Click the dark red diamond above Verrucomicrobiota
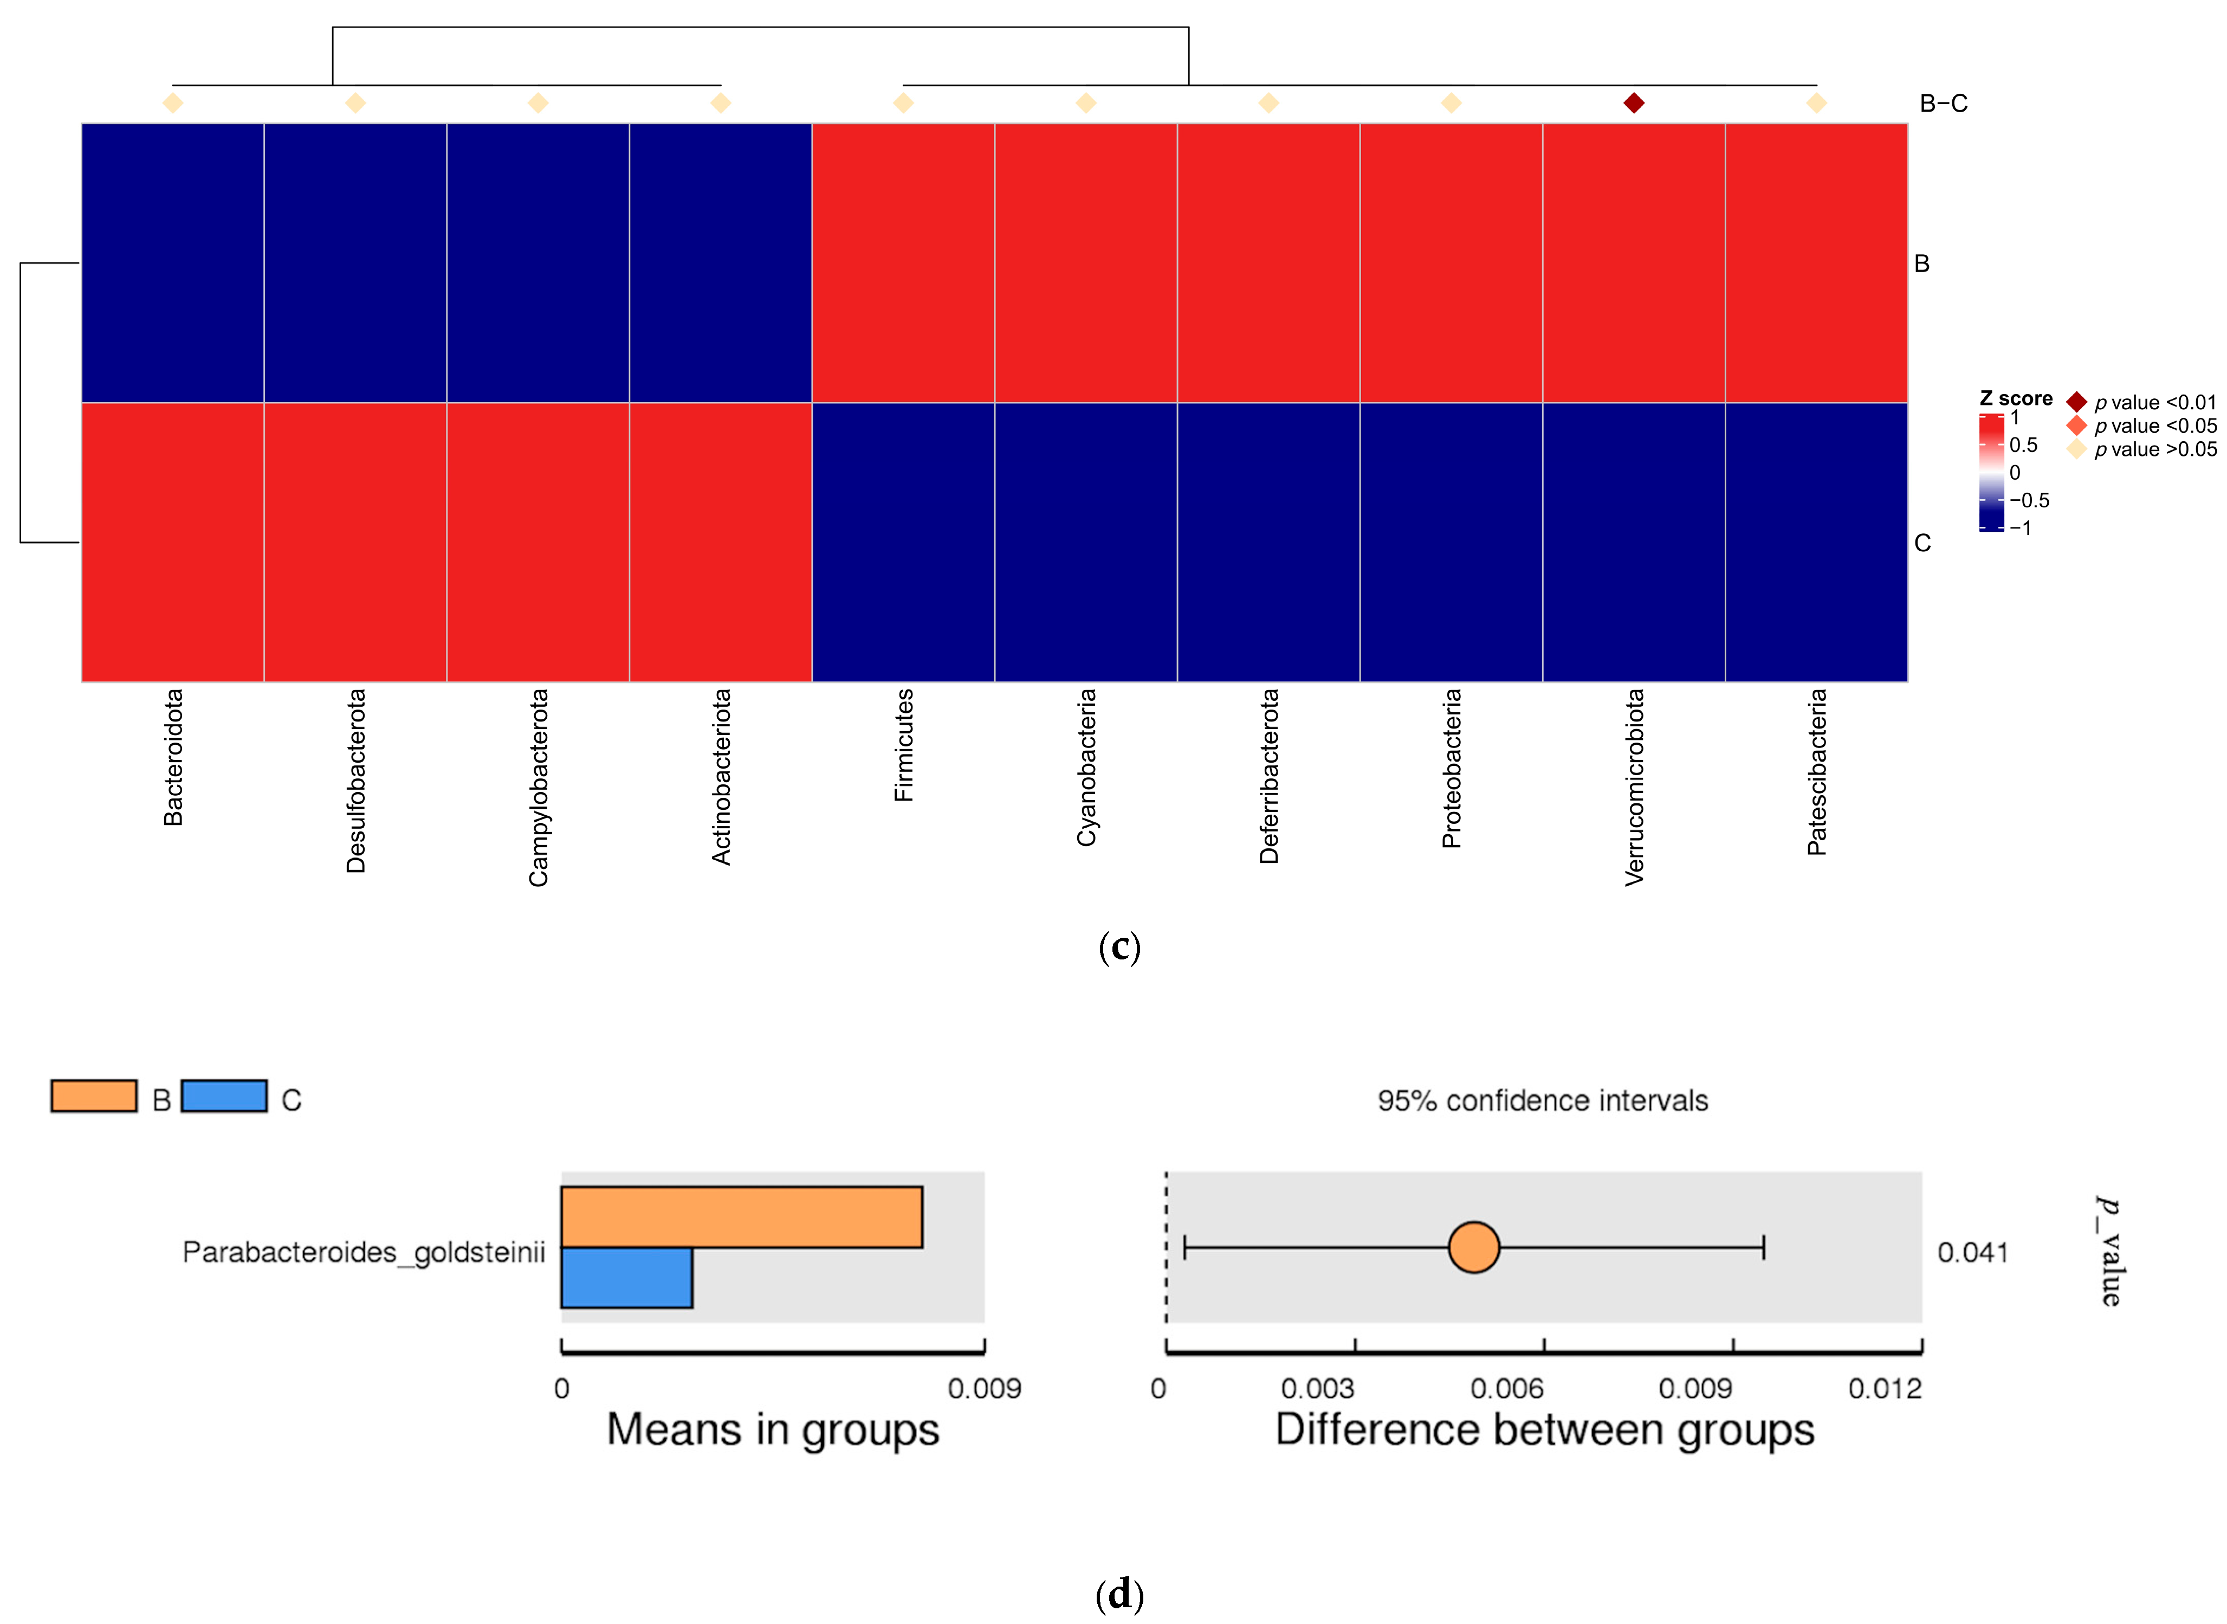[x=1633, y=103]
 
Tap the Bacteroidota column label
[x=173, y=757]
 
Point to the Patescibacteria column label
[x=1816, y=772]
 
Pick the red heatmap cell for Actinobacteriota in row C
[x=720, y=542]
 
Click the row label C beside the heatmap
[x=1922, y=543]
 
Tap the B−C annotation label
[x=1943, y=103]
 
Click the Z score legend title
[x=2015, y=398]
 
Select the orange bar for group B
[x=741, y=1217]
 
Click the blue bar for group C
[x=626, y=1278]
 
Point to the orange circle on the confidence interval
[x=1473, y=1247]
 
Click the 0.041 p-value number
[x=1971, y=1252]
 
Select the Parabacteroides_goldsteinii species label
[x=364, y=1252]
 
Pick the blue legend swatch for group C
[x=224, y=1096]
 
